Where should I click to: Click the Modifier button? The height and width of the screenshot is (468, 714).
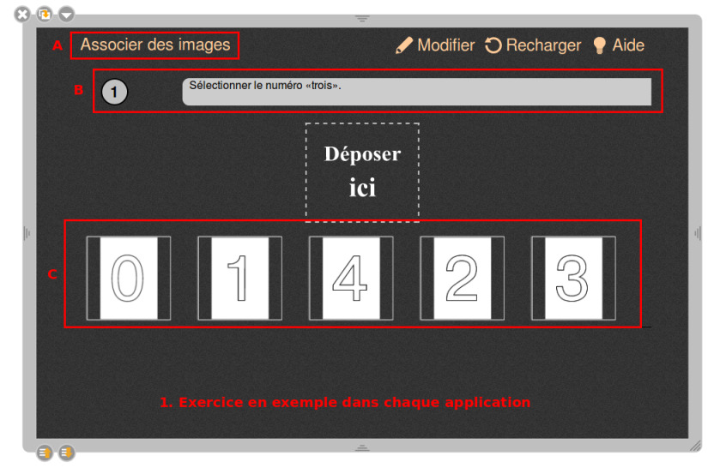click(x=435, y=45)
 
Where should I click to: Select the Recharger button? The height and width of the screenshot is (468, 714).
click(x=533, y=45)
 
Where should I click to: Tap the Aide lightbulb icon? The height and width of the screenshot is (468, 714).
click(x=599, y=45)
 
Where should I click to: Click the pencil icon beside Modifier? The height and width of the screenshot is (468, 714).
click(x=403, y=45)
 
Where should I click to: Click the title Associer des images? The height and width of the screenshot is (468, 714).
click(x=155, y=45)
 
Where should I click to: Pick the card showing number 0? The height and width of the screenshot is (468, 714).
click(x=129, y=278)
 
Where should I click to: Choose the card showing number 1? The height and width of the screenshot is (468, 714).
click(x=239, y=278)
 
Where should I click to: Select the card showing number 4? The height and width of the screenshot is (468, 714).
click(x=351, y=278)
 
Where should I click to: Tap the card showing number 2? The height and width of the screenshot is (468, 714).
click(x=463, y=278)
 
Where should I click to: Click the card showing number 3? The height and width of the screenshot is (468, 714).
click(x=574, y=278)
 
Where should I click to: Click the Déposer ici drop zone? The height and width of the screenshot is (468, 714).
click(x=362, y=172)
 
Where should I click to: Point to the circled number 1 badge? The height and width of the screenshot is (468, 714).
click(x=114, y=92)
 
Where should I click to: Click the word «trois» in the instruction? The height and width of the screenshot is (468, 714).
click(x=324, y=86)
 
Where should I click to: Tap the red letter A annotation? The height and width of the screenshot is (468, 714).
click(x=57, y=45)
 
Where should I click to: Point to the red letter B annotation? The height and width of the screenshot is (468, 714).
click(x=78, y=90)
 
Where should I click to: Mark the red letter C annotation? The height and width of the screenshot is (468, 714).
click(x=52, y=274)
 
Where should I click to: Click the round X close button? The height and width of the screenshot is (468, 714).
click(x=21, y=15)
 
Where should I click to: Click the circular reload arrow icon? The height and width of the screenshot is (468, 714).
click(x=493, y=45)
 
